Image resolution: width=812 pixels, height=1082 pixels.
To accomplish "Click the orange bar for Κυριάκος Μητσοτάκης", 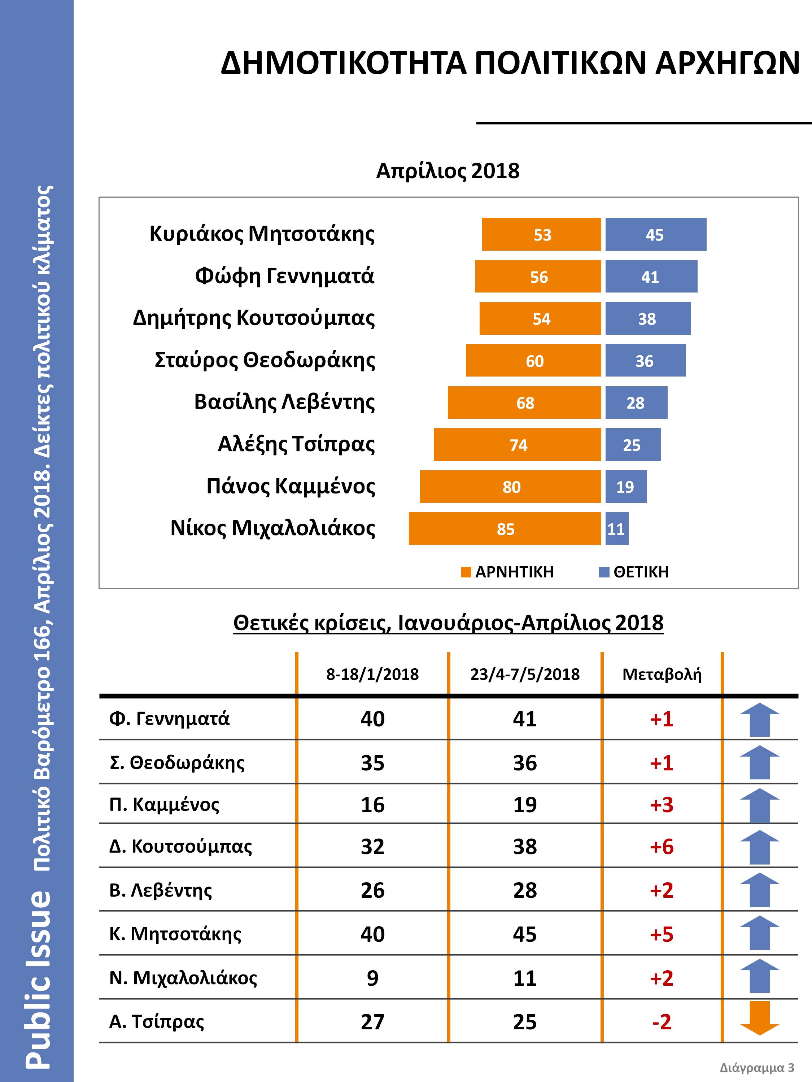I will [x=541, y=234].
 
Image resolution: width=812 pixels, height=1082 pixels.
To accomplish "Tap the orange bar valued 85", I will [x=505, y=528].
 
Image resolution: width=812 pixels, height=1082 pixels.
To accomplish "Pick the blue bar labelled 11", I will [x=616, y=528].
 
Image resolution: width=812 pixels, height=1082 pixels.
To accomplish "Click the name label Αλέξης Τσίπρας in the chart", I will [x=296, y=445].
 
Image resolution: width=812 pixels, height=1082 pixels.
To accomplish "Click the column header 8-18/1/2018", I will [x=372, y=674].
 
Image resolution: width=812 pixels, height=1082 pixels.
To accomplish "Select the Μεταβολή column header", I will [x=662, y=674].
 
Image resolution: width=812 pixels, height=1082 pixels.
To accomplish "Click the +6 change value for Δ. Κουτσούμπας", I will [x=662, y=847].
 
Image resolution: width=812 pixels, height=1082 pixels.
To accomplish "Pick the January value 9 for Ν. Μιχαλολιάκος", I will [x=372, y=978].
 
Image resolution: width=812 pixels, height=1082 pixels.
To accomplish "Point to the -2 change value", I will [x=662, y=1022].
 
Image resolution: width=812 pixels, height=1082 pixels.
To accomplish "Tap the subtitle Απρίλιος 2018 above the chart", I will [x=448, y=171].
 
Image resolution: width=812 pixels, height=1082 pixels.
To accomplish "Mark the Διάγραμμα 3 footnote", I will [x=757, y=1067].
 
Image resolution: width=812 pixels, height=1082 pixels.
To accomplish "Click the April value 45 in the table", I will [x=525, y=934].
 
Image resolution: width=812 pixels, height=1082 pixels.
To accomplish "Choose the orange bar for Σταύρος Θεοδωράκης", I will [x=533, y=361].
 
